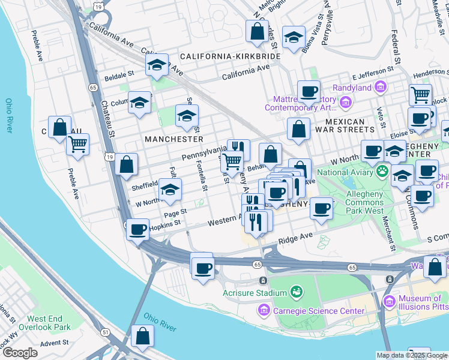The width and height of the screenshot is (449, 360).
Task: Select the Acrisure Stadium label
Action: [x=255, y=293]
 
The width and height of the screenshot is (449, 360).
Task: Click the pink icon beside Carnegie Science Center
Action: [x=263, y=310]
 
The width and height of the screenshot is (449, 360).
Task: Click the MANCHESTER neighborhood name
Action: [x=174, y=139]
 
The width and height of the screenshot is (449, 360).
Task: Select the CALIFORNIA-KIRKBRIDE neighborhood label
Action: [x=230, y=56]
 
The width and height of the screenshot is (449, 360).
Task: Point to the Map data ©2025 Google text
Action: [x=412, y=355]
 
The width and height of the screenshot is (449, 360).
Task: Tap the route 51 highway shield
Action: [x=105, y=332]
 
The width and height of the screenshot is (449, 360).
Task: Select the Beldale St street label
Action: [x=119, y=76]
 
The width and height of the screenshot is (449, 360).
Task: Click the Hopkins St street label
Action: [x=165, y=224]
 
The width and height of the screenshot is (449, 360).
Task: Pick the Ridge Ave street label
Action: [x=295, y=239]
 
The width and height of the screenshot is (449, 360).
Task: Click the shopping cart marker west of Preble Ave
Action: [x=77, y=144]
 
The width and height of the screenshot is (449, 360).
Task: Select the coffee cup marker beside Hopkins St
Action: [x=138, y=230]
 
